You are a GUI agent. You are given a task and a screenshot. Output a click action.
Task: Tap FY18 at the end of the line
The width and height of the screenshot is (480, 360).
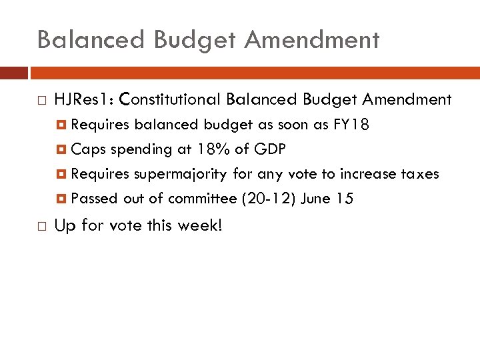[351, 125]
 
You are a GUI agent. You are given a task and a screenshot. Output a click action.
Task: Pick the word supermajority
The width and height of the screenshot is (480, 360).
[181, 174]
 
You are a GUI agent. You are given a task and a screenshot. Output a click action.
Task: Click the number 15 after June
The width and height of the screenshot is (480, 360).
[345, 199]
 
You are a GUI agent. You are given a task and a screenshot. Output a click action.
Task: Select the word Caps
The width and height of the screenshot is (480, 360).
[84, 149]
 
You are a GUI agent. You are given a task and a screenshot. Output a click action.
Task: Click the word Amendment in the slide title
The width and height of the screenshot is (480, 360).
[311, 40]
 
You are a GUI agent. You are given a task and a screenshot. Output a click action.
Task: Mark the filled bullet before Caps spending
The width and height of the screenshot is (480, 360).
[62, 150]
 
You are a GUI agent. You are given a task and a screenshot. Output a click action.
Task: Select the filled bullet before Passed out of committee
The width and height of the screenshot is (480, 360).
[62, 199]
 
